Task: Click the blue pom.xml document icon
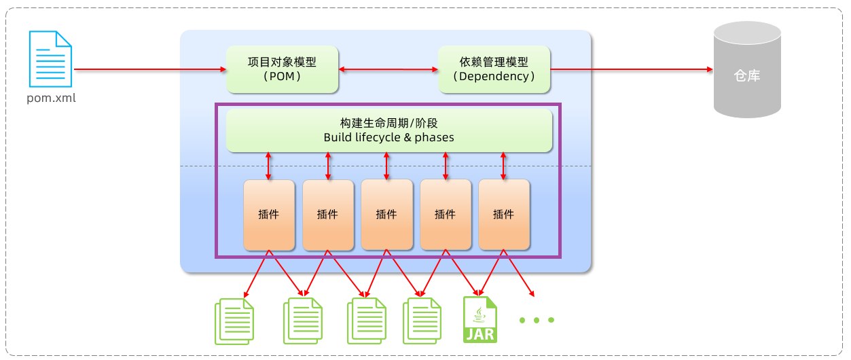click(50, 59)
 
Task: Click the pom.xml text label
click(52, 98)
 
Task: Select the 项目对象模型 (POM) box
click(282, 69)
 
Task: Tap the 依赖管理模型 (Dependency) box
click(494, 69)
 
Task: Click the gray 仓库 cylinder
click(747, 69)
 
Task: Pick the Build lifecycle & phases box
click(389, 130)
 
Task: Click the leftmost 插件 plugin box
click(269, 215)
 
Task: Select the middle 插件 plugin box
click(386, 215)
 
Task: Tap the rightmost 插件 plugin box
click(504, 215)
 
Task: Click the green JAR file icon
click(479, 320)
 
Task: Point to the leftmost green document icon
click(234, 321)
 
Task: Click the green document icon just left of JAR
click(422, 321)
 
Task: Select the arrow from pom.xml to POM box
click(150, 69)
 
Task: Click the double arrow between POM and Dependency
click(388, 69)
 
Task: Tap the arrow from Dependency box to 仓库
click(632, 69)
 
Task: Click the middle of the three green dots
click(537, 320)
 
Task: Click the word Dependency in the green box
click(494, 76)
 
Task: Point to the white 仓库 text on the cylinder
click(747, 75)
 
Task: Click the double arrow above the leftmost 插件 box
click(268, 166)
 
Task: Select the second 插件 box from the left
click(328, 215)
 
